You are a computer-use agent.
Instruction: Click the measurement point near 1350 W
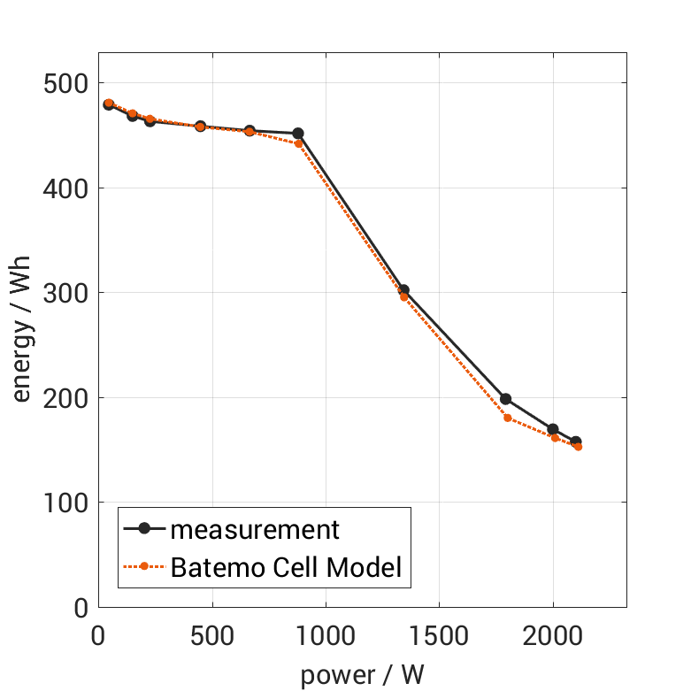403,289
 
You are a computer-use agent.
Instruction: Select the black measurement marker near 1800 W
505,399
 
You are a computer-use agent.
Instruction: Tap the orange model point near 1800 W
507,418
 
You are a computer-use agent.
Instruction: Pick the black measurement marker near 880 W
298,134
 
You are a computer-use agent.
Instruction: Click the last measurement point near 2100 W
575,441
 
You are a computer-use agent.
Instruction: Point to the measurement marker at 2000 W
553,429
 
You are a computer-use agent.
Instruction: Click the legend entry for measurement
255,529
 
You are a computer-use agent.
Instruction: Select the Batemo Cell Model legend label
287,567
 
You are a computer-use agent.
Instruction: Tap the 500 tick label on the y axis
67,84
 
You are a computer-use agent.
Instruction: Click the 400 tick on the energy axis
67,188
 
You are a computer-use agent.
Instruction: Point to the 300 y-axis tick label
67,293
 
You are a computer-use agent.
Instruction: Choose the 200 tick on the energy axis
67,398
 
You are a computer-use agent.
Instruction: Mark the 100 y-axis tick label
67,503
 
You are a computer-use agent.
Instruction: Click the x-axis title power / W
362,675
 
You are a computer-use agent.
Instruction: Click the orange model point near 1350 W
403,297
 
